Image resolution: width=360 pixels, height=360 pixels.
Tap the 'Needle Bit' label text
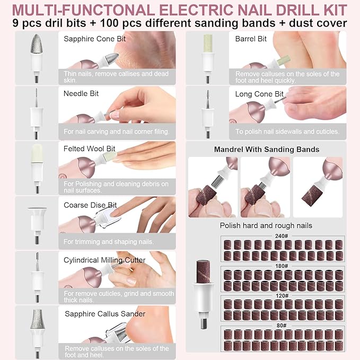81,93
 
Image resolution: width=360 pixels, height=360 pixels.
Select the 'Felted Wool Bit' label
90,149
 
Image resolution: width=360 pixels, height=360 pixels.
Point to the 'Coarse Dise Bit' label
90,205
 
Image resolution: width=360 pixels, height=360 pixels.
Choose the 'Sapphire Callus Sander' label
105,314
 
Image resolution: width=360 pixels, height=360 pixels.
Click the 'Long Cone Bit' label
260,94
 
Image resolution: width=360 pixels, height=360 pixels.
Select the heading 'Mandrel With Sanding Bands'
267,150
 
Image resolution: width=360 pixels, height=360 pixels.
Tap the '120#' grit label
281,295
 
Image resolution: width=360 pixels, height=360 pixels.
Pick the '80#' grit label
281,324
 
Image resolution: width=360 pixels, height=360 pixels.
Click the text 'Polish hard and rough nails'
266,226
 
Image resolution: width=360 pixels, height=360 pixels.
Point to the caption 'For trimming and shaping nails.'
109,242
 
